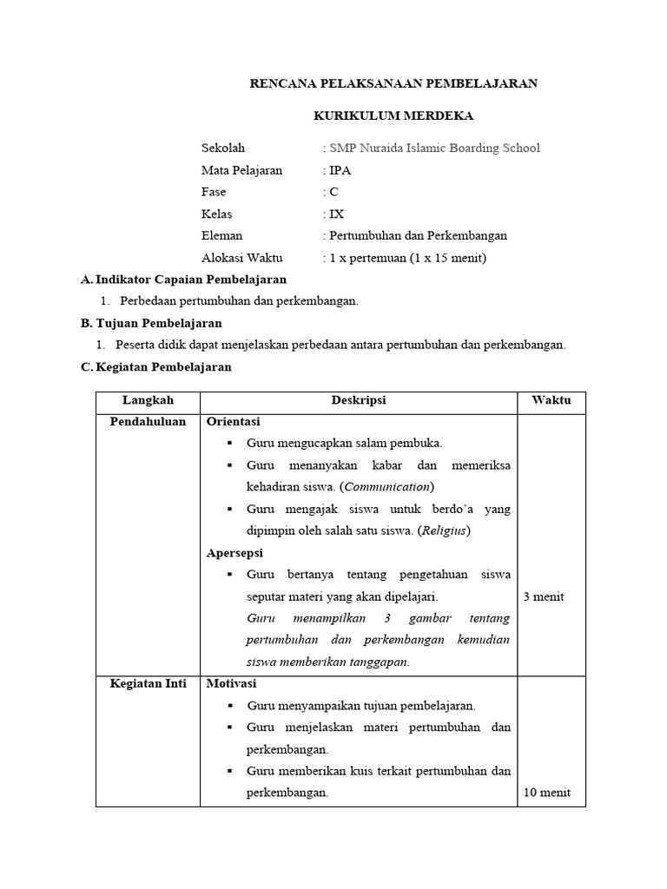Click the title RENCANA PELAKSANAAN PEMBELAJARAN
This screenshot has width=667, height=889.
pos(393,83)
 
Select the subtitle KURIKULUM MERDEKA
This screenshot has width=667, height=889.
pos(393,115)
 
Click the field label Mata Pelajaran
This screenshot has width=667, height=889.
pos(241,170)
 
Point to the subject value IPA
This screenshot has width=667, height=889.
pos(339,170)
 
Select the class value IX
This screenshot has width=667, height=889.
pos(335,214)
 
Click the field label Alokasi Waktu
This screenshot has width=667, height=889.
pos(241,258)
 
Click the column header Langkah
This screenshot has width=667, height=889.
pos(148,400)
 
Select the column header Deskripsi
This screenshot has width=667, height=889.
pos(358,400)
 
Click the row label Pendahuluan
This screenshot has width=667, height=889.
pos(148,422)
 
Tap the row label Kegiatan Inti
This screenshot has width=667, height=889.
pos(148,683)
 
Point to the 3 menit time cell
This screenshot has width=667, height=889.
pos(544,596)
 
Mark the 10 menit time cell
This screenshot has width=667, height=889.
pos(546,793)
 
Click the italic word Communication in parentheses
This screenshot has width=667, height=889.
pos(386,486)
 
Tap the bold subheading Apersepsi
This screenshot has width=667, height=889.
pos(234,552)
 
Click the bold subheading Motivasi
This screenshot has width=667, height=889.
pos(232,683)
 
